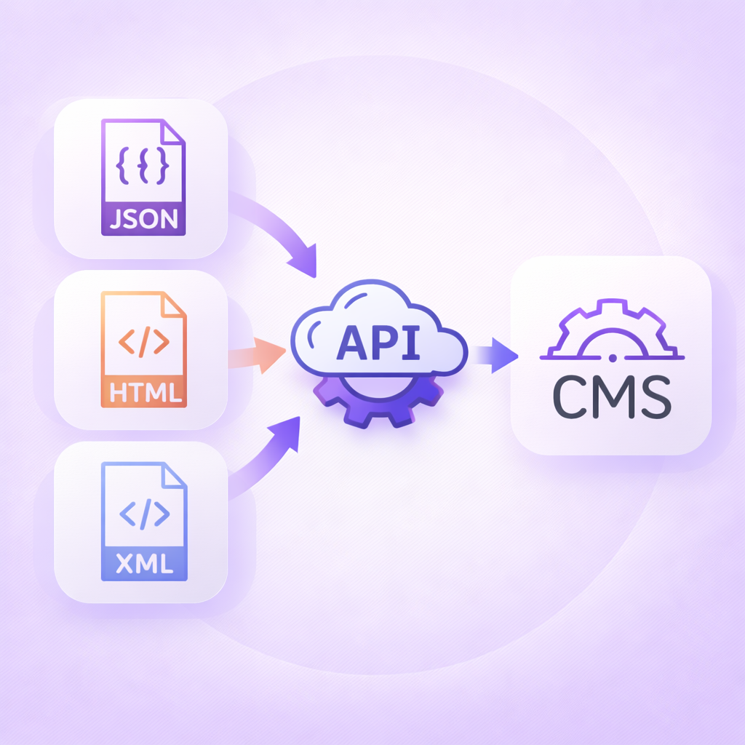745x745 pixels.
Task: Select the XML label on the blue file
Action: pos(144,564)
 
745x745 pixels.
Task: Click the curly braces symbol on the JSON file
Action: pos(143,166)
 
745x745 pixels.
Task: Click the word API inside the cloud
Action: pos(378,342)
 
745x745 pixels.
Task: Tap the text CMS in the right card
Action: pos(611,397)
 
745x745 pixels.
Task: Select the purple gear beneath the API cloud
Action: pos(378,404)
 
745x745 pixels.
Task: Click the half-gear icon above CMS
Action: pos(611,331)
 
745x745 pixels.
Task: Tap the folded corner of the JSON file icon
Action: pos(173,133)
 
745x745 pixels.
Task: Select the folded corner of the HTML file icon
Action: pos(174,305)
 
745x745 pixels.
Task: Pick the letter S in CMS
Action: pos(650,397)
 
